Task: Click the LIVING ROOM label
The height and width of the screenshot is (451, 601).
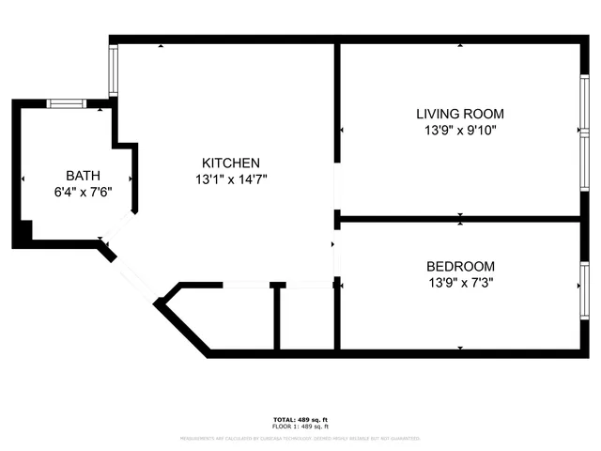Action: point(460,114)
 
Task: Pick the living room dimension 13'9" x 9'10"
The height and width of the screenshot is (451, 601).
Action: point(460,131)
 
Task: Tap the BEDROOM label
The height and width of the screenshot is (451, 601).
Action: point(460,266)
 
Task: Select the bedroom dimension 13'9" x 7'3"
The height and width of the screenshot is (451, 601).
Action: point(460,283)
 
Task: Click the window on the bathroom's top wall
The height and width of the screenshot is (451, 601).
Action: point(68,103)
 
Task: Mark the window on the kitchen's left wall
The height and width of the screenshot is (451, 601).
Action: point(114,69)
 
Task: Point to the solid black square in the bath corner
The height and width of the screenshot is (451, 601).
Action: point(23,231)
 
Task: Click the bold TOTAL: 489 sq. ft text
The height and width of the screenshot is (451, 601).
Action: point(300,419)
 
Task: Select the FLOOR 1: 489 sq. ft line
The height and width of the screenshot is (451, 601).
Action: point(300,426)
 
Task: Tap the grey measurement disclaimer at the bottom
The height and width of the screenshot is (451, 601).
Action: point(300,438)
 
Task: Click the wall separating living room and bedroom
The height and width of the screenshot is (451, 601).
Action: point(460,219)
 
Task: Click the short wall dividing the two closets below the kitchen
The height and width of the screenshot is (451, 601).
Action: point(276,318)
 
